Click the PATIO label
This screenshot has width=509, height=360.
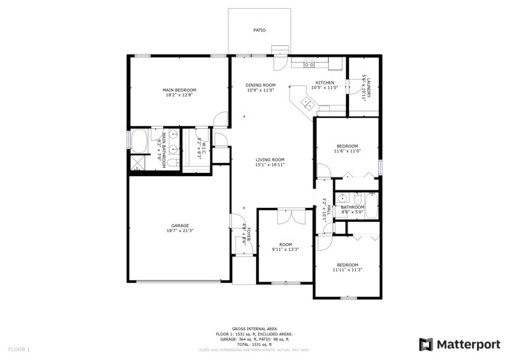point(259,31)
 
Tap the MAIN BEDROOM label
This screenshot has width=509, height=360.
point(179,89)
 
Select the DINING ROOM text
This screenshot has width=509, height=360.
point(260,85)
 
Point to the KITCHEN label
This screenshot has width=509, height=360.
point(324,83)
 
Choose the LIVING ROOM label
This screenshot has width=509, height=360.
point(269,159)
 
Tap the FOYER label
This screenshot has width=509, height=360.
point(249,233)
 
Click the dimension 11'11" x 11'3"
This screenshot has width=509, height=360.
point(347,269)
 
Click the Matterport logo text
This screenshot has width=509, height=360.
point(468,344)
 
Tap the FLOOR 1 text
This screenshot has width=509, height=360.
point(20,350)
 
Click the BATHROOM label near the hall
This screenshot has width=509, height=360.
point(352,207)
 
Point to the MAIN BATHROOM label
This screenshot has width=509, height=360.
point(164,148)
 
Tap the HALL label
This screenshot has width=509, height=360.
point(329,209)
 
